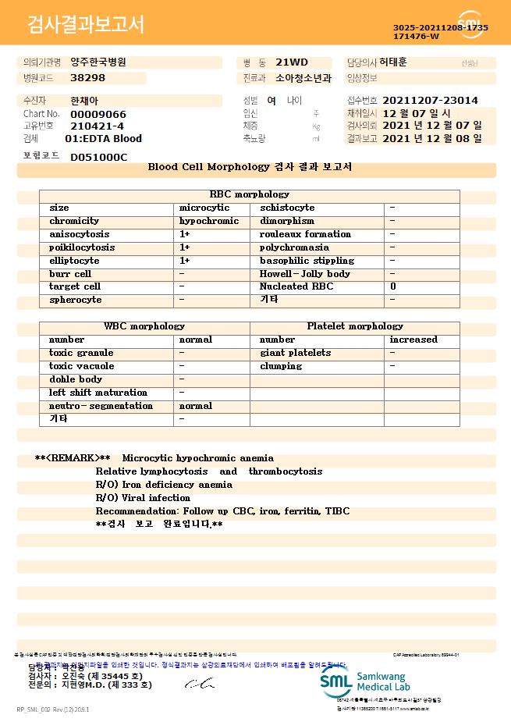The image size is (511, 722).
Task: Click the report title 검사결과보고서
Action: coord(86,24)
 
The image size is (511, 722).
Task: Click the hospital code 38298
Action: coord(87,78)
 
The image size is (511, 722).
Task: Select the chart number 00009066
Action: coord(98,114)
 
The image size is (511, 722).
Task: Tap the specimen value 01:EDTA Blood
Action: coord(103,138)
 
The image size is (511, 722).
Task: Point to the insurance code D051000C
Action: coord(98,157)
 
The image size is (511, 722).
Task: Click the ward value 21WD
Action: coord(292,62)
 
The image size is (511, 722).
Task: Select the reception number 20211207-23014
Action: coord(430,101)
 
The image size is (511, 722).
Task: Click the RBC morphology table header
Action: coord(250,194)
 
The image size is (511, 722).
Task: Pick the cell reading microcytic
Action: coord(204,208)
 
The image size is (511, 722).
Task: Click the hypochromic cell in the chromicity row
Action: coord(209,221)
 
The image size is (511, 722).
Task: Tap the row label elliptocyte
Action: coord(74,261)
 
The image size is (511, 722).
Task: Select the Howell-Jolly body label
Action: coord(304,274)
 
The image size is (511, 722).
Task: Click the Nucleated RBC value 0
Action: coord(392,286)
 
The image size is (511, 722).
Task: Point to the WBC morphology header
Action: coord(144,326)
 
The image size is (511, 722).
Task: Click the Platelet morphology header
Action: coord(355,326)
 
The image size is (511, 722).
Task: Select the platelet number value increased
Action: coord(413,340)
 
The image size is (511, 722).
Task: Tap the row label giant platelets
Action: coord(295,353)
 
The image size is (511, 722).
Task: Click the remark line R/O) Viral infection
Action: coord(143,498)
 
